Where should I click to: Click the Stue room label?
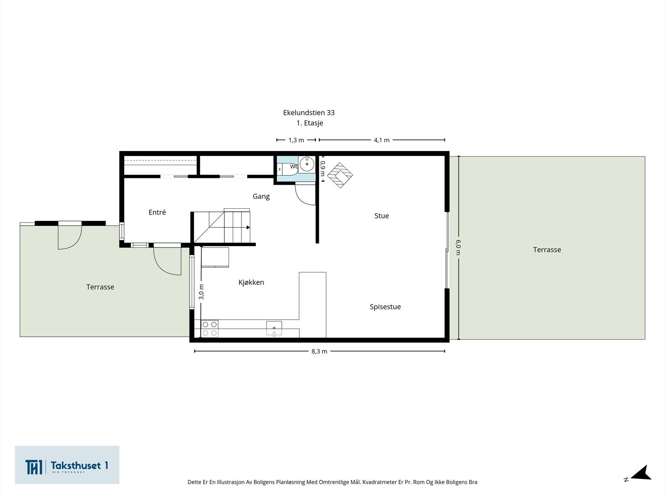point(382,216)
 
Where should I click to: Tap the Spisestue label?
point(385,307)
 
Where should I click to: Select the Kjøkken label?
point(251,282)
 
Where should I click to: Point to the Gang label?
point(261,197)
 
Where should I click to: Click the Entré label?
point(157,212)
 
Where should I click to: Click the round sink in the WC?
point(307,164)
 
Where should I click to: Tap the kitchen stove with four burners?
point(209,329)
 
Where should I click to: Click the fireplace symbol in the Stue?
point(340,175)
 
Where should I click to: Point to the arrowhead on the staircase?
point(248,227)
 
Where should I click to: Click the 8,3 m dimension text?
point(319,351)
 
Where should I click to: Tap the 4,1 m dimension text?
point(382,140)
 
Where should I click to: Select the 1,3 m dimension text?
point(296,140)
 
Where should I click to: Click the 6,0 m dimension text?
point(458,247)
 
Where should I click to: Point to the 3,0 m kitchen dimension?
point(202,292)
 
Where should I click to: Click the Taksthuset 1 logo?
point(67,465)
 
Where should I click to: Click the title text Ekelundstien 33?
point(309,113)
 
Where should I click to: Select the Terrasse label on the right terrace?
point(547,249)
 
